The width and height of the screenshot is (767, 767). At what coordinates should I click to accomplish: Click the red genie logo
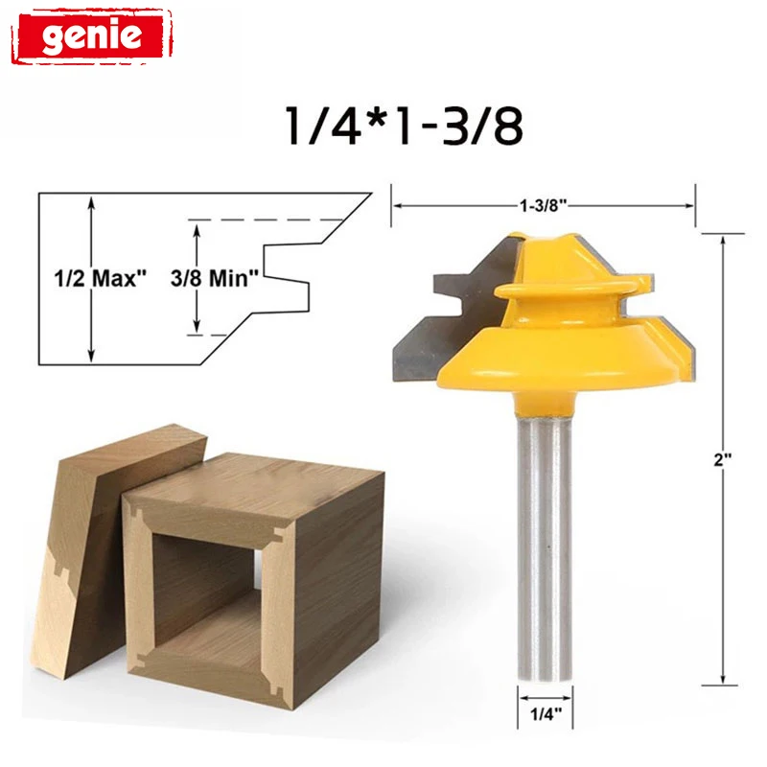pos(92,35)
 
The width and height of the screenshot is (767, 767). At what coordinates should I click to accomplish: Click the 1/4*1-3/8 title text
pos(404,126)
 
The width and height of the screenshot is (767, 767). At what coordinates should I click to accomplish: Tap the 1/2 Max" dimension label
pos(101,278)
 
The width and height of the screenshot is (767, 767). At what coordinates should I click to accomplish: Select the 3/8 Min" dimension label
pos(215,278)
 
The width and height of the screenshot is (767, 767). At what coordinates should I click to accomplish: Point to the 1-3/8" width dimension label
pos(543,205)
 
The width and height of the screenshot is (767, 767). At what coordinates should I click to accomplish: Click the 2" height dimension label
pos(723,460)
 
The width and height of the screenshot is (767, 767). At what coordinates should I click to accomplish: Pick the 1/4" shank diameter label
pos(546,714)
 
